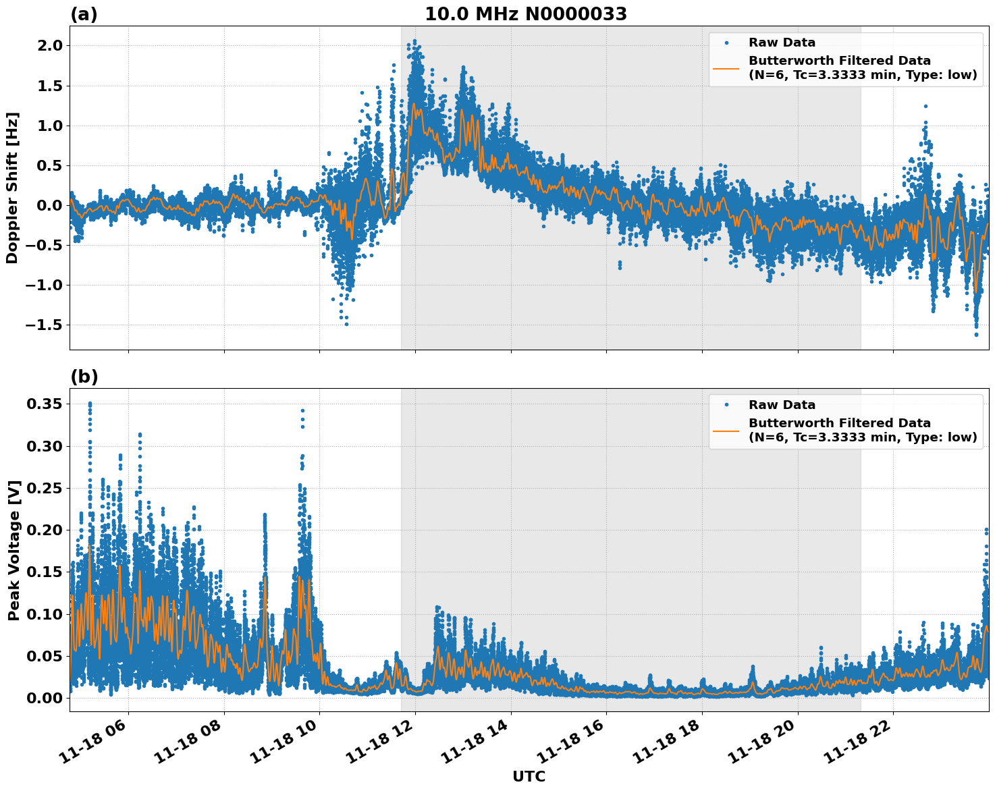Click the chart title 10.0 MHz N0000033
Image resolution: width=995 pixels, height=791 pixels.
(525, 14)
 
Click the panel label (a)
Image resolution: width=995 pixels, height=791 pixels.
(84, 14)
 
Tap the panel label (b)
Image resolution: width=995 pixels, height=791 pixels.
(84, 377)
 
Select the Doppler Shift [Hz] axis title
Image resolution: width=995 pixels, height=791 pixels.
(12, 188)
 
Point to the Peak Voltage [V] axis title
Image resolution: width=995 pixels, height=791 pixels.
(14, 550)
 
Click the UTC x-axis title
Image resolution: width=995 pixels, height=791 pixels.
(529, 776)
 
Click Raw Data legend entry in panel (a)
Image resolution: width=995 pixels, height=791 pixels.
(782, 43)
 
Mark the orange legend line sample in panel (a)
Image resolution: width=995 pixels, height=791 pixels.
(726, 68)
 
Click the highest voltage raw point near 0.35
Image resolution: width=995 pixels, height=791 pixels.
(90, 404)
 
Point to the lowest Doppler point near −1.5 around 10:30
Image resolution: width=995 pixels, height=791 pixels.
(346, 324)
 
